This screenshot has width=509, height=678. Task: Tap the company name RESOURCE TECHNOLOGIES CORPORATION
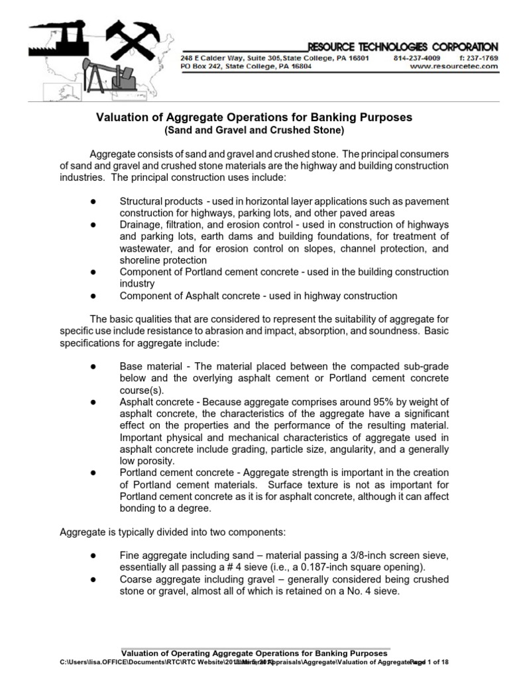(x=403, y=47)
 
